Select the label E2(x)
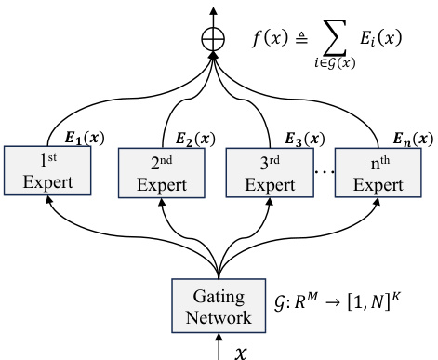pos(196,140)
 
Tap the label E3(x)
pos(304,140)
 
